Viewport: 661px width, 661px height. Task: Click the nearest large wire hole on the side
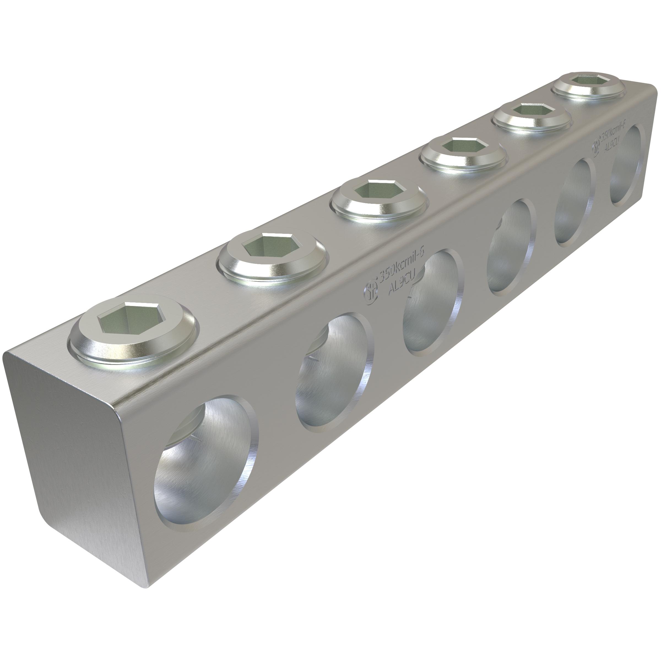click(x=205, y=465)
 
